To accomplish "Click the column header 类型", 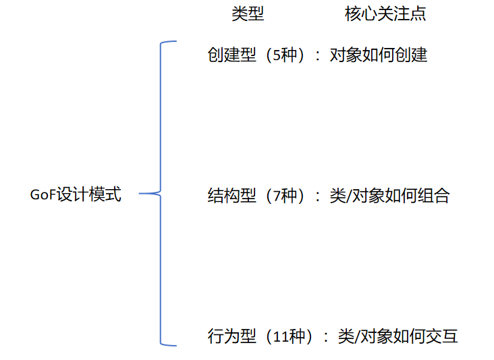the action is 248,14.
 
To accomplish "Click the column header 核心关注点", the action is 385,14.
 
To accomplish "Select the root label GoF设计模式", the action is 76,195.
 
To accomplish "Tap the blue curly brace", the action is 161,194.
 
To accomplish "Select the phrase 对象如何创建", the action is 378,55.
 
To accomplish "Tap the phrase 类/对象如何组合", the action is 392,197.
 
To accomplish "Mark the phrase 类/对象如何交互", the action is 397,336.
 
